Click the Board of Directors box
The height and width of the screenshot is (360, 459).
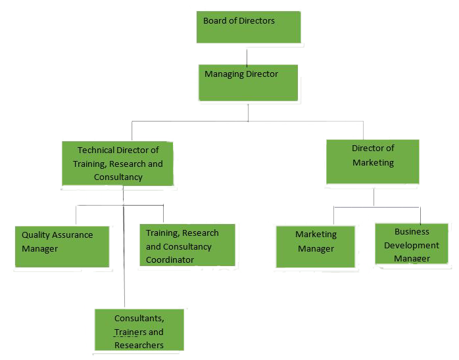249,27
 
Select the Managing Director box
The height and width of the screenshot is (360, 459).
248,82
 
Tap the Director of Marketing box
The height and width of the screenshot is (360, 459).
373,162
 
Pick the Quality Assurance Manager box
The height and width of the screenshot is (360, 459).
62,246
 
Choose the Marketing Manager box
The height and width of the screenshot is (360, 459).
316,246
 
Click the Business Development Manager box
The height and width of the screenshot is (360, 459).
412,244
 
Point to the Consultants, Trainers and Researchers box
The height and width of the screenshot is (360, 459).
139,330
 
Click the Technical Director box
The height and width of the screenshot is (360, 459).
118,164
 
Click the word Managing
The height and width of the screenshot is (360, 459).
224,74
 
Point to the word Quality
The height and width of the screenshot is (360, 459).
36,235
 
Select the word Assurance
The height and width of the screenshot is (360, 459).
73,235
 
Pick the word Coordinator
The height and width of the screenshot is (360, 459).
170,259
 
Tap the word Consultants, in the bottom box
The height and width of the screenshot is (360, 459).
139,319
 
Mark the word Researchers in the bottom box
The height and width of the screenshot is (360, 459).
139,345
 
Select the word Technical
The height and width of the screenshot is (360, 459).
99,150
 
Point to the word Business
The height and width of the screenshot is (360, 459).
412,231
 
